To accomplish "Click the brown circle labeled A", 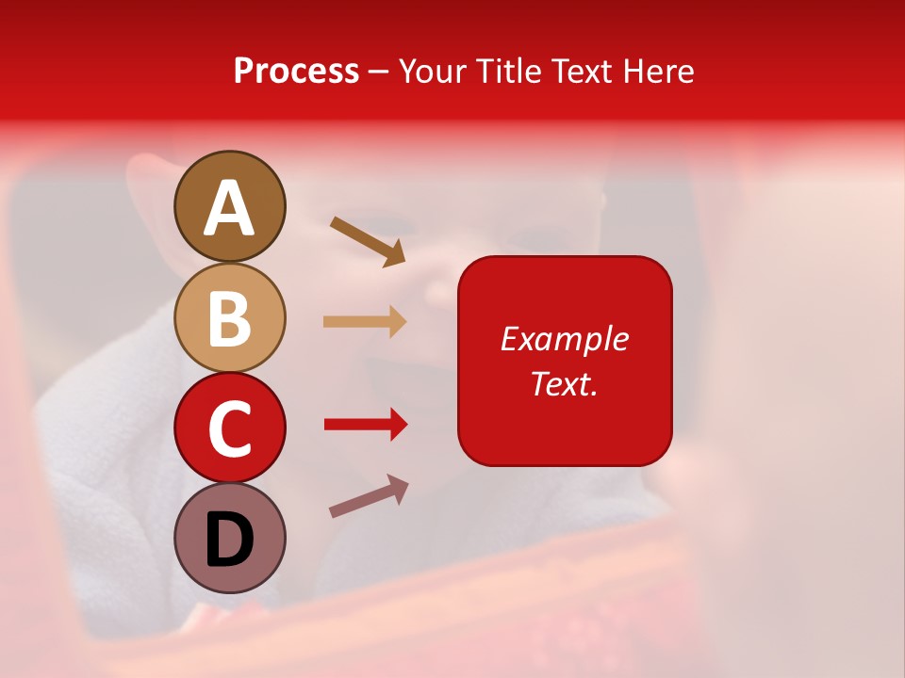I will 230,206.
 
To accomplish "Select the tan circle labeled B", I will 230,317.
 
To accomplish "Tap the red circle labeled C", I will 230,428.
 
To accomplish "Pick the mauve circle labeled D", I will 230,538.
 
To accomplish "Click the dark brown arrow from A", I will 368,239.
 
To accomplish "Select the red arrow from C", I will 366,425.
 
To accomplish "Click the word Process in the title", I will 296,71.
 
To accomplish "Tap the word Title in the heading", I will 509,71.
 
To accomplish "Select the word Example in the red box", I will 564,339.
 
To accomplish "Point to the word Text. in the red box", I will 564,383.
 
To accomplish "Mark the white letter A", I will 230,208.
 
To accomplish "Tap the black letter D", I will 230,540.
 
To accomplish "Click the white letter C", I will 230,429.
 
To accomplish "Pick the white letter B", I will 230,319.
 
